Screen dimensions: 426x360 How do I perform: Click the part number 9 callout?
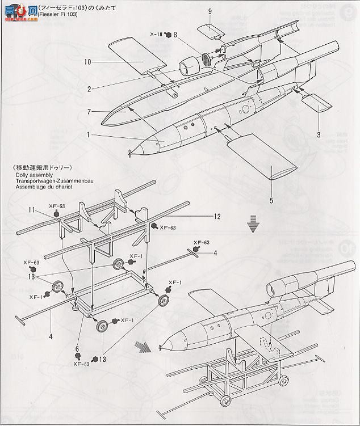[x=210, y=11]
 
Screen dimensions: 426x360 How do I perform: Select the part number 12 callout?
[x=216, y=216]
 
